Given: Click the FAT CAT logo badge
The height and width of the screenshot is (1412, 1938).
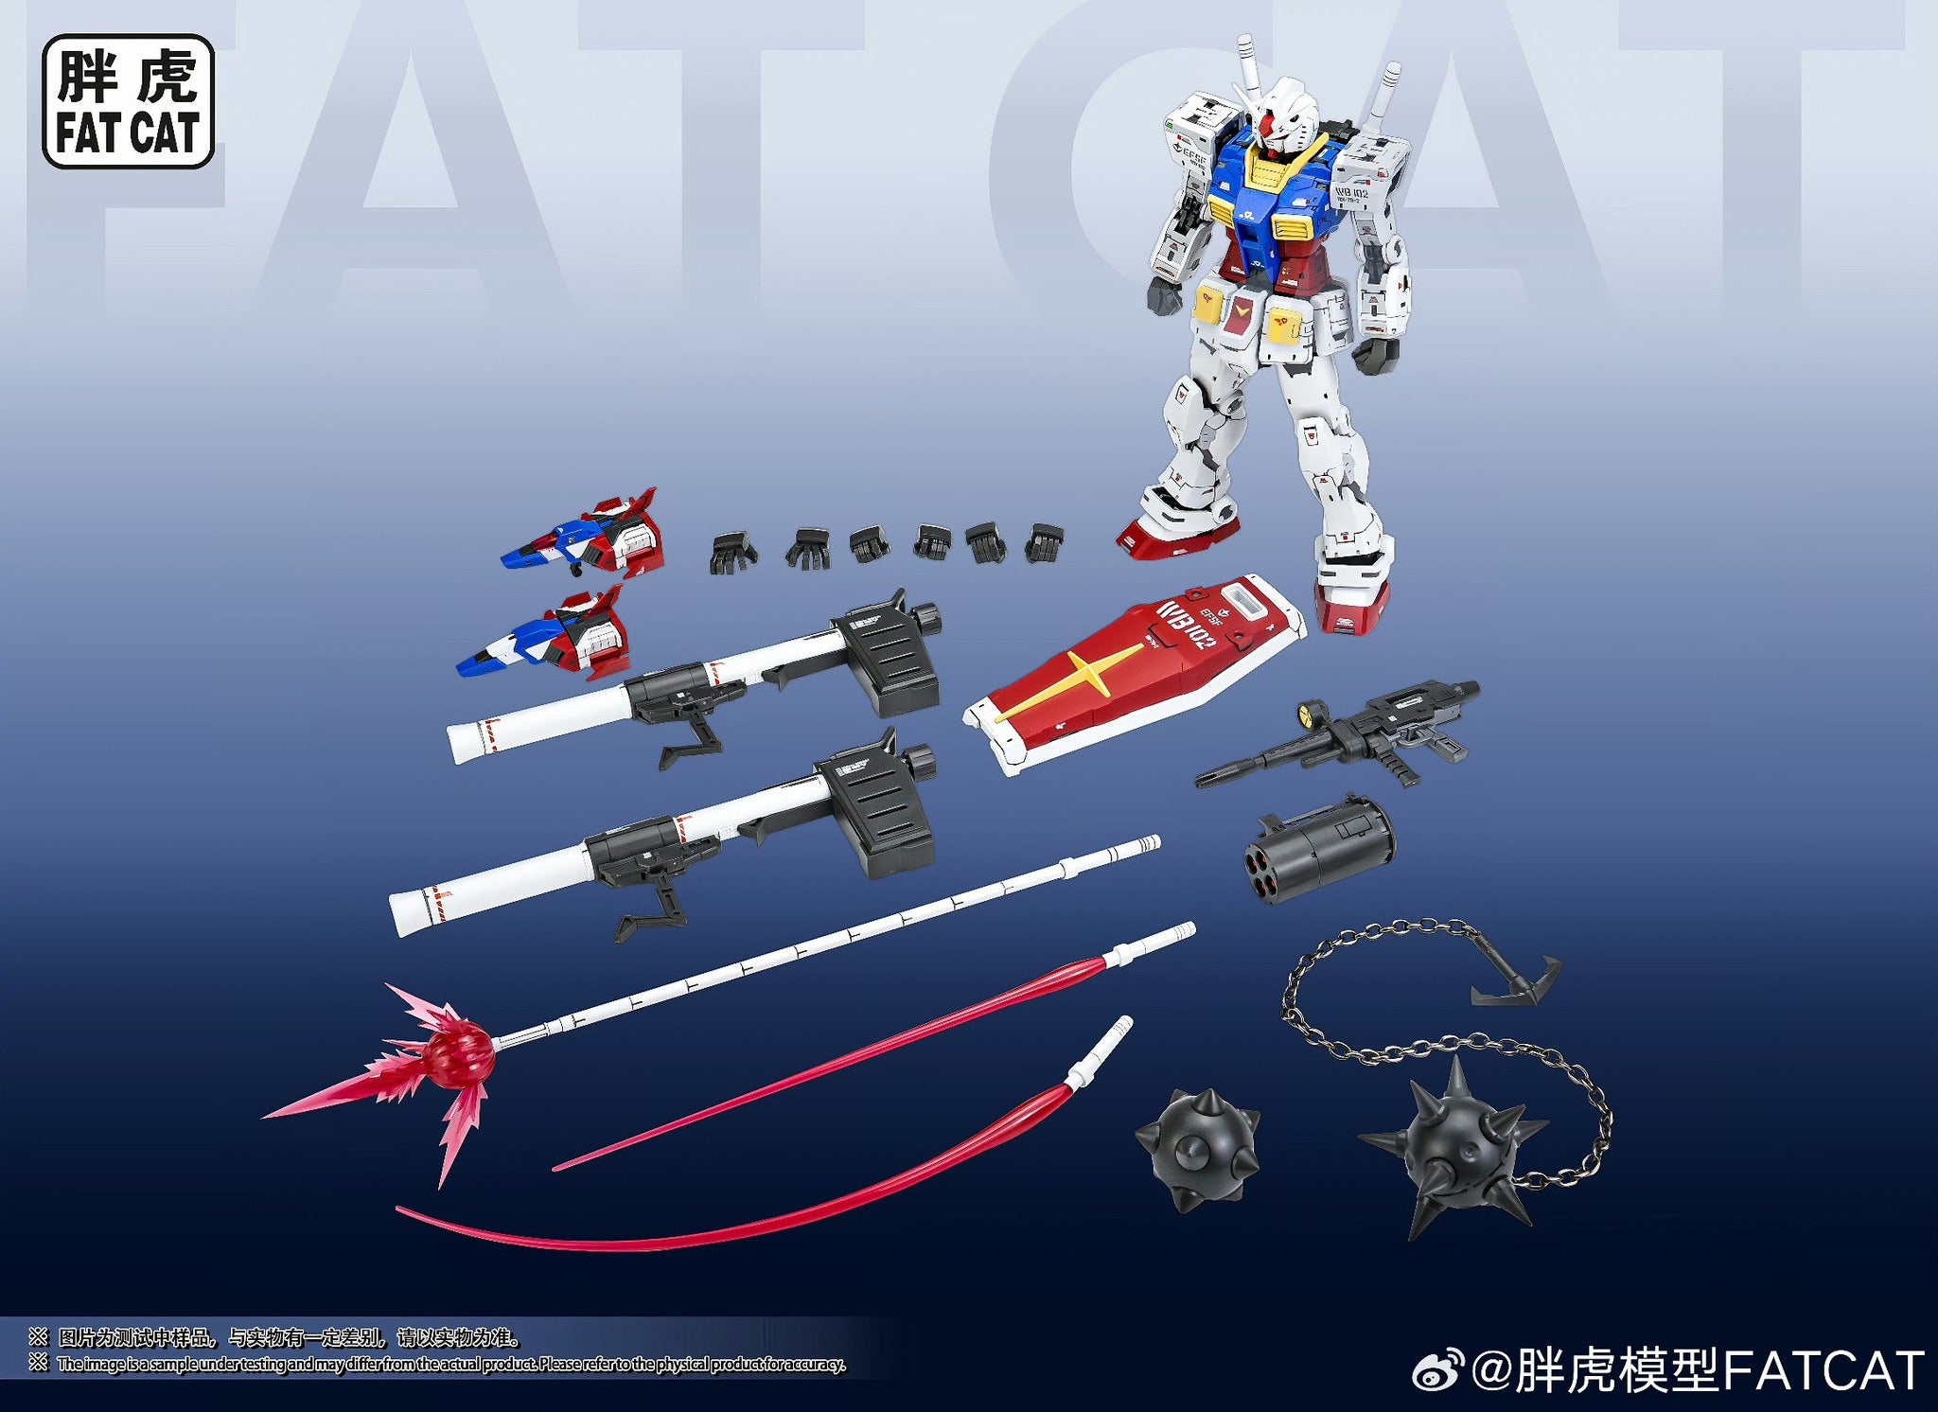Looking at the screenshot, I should point(128,101).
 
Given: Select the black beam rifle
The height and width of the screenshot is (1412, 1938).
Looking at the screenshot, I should point(1344,734).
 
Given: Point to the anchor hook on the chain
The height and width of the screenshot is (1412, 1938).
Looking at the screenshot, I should point(1514,984).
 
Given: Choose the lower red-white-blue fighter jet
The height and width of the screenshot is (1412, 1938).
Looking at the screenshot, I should point(549,636).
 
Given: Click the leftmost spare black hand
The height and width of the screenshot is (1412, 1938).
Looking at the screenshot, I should point(731,551).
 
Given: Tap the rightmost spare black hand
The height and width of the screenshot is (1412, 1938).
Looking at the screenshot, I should point(1045,543).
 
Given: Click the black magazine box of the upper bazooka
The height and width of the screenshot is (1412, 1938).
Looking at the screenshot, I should point(887,659).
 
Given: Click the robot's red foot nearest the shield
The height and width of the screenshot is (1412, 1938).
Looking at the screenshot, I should point(1350,606).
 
